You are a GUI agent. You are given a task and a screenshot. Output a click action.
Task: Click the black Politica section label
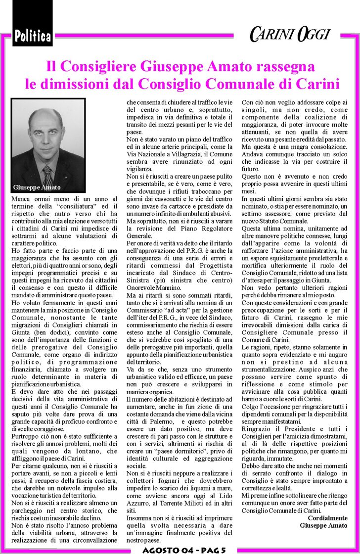point(32,36)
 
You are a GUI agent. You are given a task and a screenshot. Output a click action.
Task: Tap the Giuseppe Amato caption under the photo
point(37,187)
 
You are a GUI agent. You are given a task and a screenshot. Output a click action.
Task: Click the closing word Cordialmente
point(327,517)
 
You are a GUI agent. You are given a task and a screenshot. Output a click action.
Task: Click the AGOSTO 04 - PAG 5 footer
point(183,549)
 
